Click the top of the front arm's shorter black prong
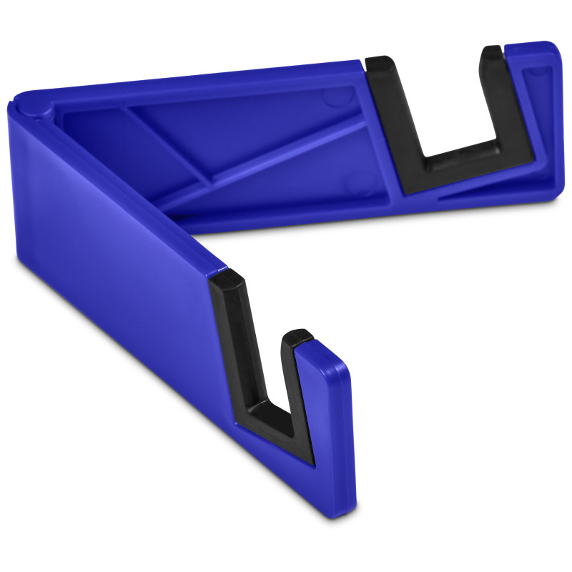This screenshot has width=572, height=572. click(x=296, y=336)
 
